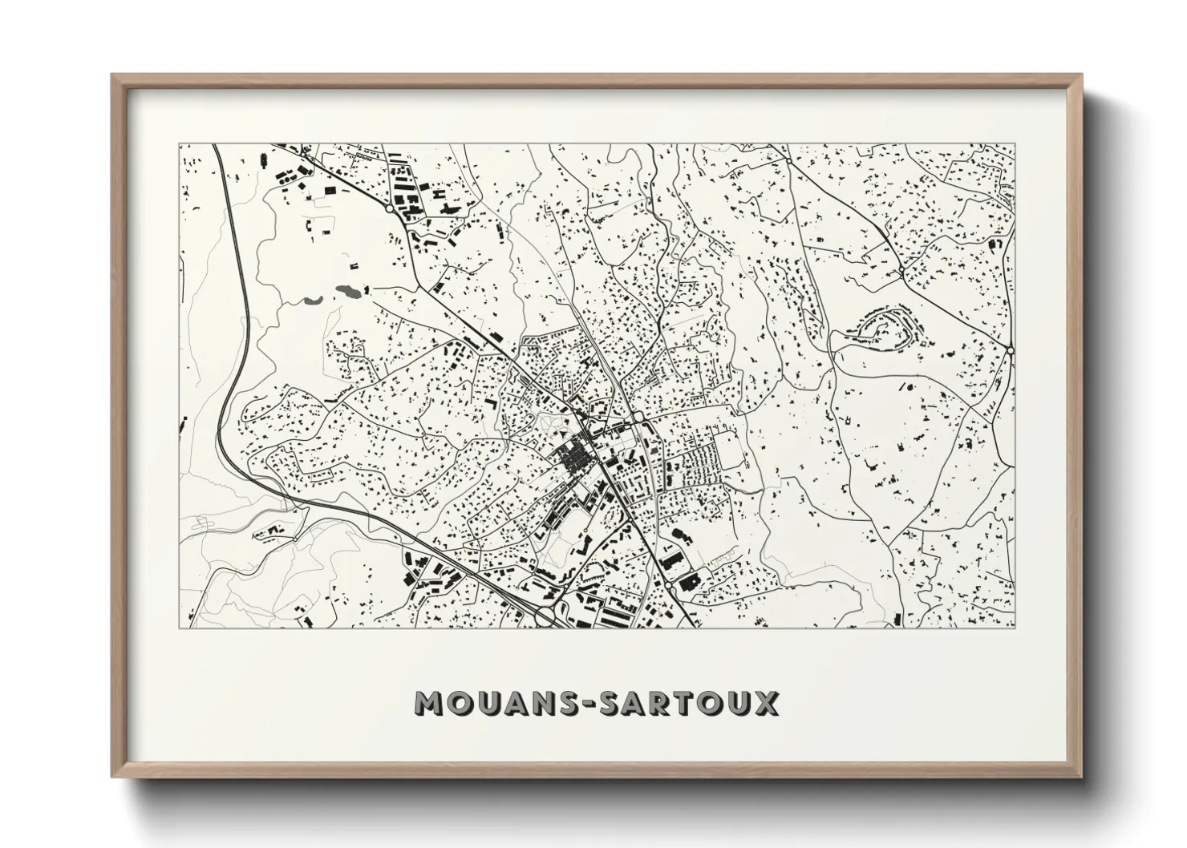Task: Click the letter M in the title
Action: tap(430, 704)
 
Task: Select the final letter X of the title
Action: tap(765, 704)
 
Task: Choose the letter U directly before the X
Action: tap(739, 704)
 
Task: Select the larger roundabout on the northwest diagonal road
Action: tap(390, 208)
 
